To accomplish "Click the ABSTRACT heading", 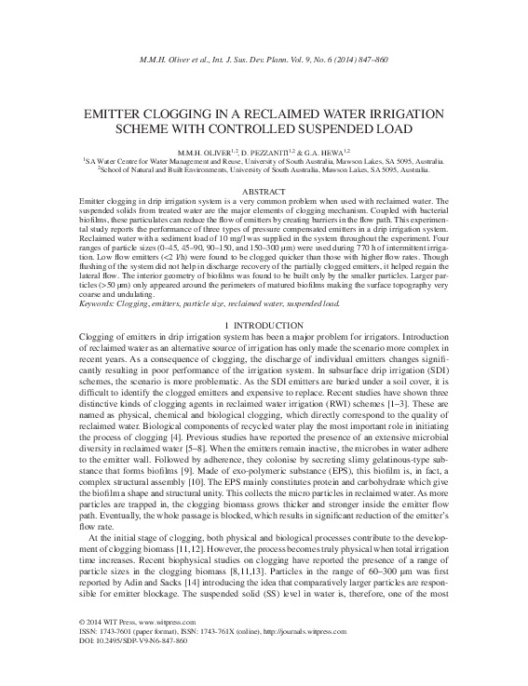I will coord(264,191).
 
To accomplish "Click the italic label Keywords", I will coord(101,303).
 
